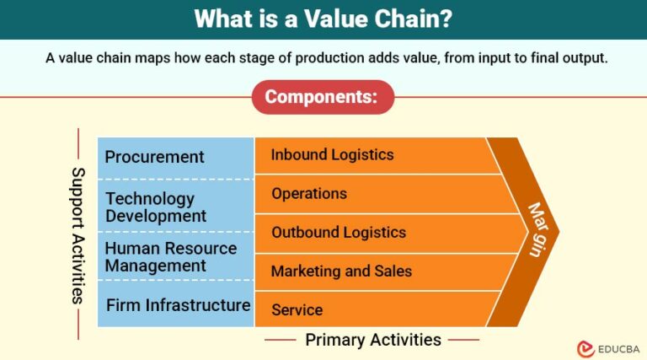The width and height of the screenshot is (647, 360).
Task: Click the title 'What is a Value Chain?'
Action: point(323,19)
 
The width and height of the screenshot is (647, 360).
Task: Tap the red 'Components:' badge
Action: point(322,97)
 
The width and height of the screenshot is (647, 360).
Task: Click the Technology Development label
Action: point(156,207)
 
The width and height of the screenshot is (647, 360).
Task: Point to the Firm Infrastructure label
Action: point(178,304)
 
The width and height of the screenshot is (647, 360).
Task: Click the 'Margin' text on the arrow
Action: point(535,229)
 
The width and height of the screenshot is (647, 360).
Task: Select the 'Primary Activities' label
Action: point(372,340)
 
